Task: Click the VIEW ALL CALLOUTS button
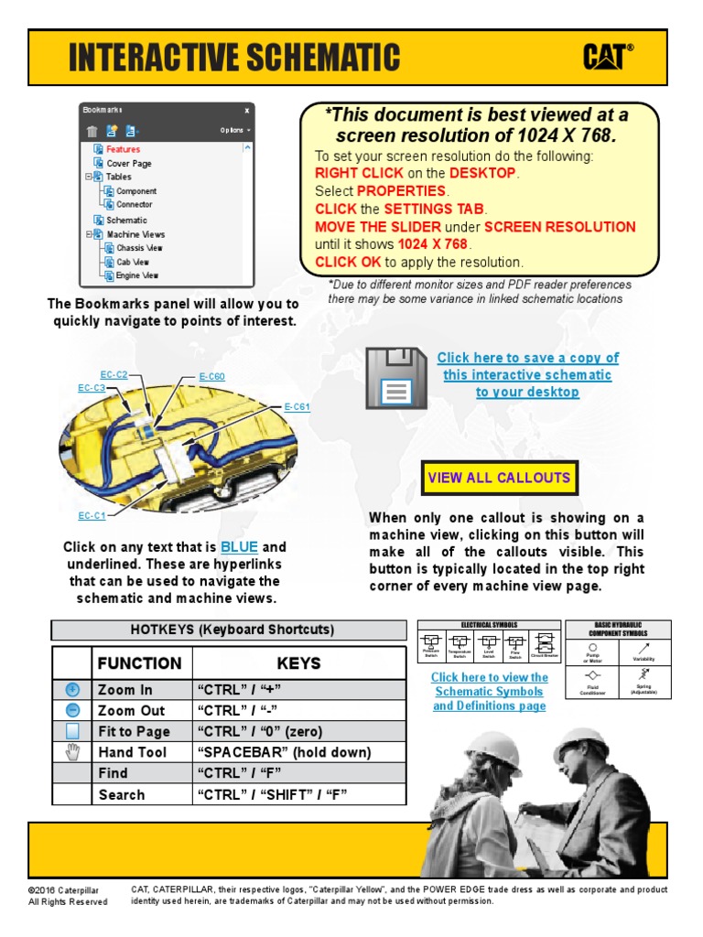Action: (499, 478)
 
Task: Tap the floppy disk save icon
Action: (395, 378)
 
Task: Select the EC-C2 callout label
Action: (114, 374)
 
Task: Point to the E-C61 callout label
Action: (297, 406)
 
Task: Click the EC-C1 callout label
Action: (92, 516)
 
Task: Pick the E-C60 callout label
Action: (211, 376)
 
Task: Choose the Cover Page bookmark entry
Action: (129, 163)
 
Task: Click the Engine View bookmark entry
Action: (136, 275)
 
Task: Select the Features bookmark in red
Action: (123, 149)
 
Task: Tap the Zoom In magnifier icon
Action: (73, 689)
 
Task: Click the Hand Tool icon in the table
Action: (73, 752)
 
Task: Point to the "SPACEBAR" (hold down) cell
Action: (284, 752)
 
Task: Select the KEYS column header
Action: (299, 662)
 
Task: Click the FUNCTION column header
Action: (139, 662)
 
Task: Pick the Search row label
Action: (122, 794)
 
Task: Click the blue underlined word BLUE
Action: (239, 547)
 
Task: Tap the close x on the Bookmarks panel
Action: (246, 110)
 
